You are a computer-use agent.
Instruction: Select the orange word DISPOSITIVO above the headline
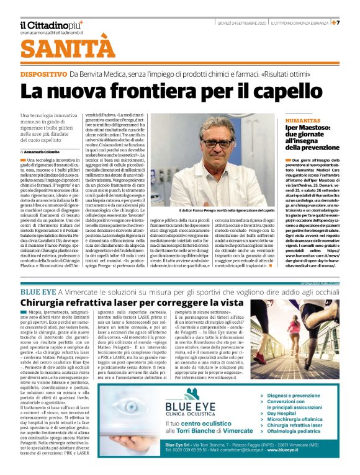[x=42, y=74]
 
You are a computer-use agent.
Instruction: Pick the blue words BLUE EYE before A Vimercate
[x=38, y=291]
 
